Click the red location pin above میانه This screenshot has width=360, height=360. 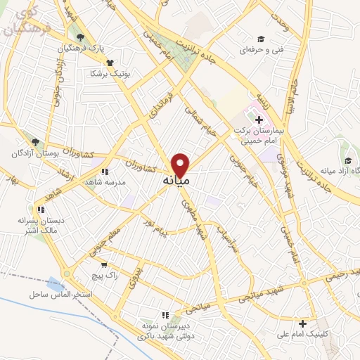(181, 165)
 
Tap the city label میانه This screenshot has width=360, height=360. (176, 181)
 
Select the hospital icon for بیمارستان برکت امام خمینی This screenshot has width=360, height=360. (259, 109)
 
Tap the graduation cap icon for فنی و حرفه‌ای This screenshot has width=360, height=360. (261, 38)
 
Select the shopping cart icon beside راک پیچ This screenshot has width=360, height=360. (105, 265)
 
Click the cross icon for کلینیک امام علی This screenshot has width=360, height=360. (302, 323)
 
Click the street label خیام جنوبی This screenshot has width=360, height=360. (249, 162)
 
